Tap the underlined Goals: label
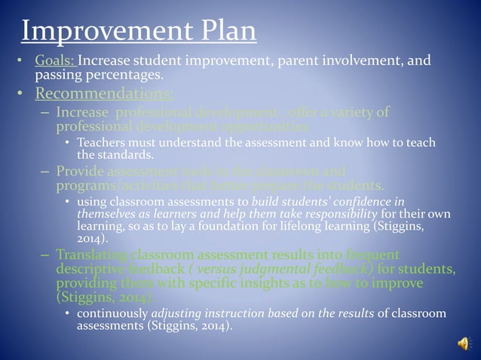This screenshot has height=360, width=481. tap(55, 60)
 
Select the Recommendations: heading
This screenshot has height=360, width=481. tap(104, 94)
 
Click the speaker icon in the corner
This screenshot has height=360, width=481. tap(463, 343)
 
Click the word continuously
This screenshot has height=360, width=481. tap(112, 313)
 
